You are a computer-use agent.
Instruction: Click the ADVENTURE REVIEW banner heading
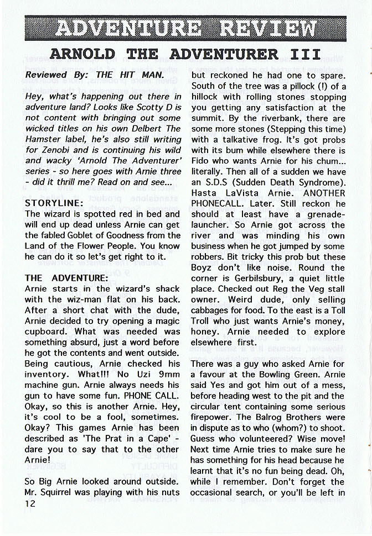click(x=186, y=28)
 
